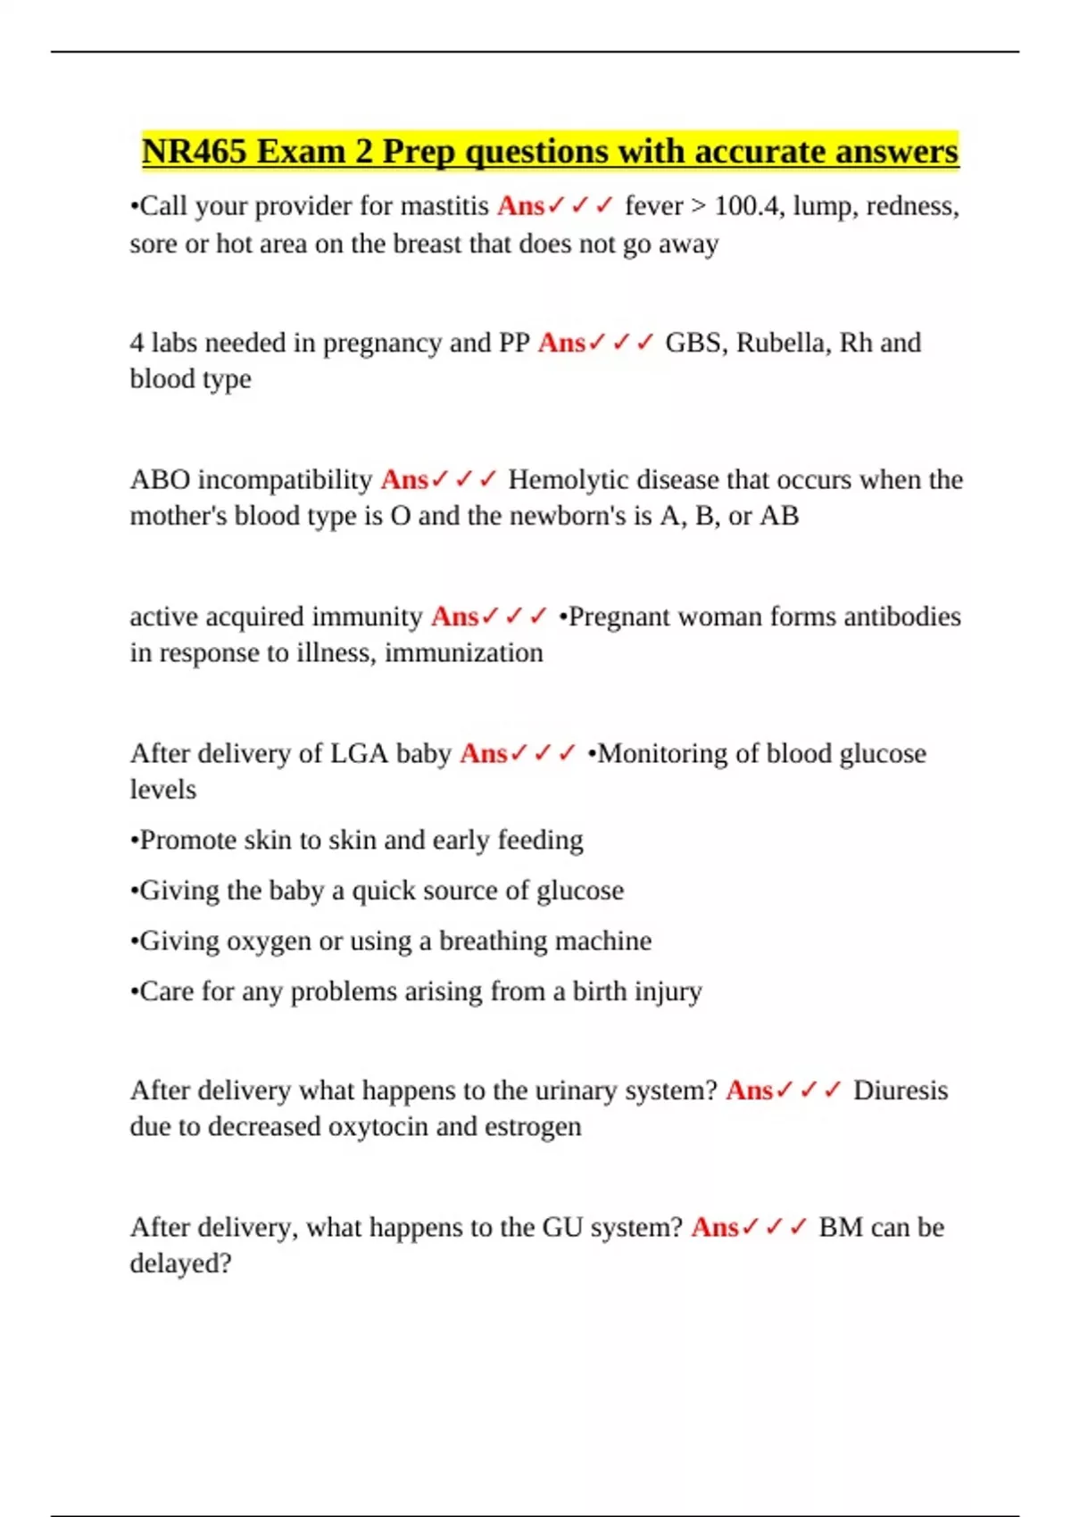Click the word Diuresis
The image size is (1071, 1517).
(x=900, y=1090)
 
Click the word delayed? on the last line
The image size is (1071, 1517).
(x=180, y=1264)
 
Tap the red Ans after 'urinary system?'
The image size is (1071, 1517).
(x=749, y=1090)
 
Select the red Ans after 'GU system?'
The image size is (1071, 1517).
(x=714, y=1228)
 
